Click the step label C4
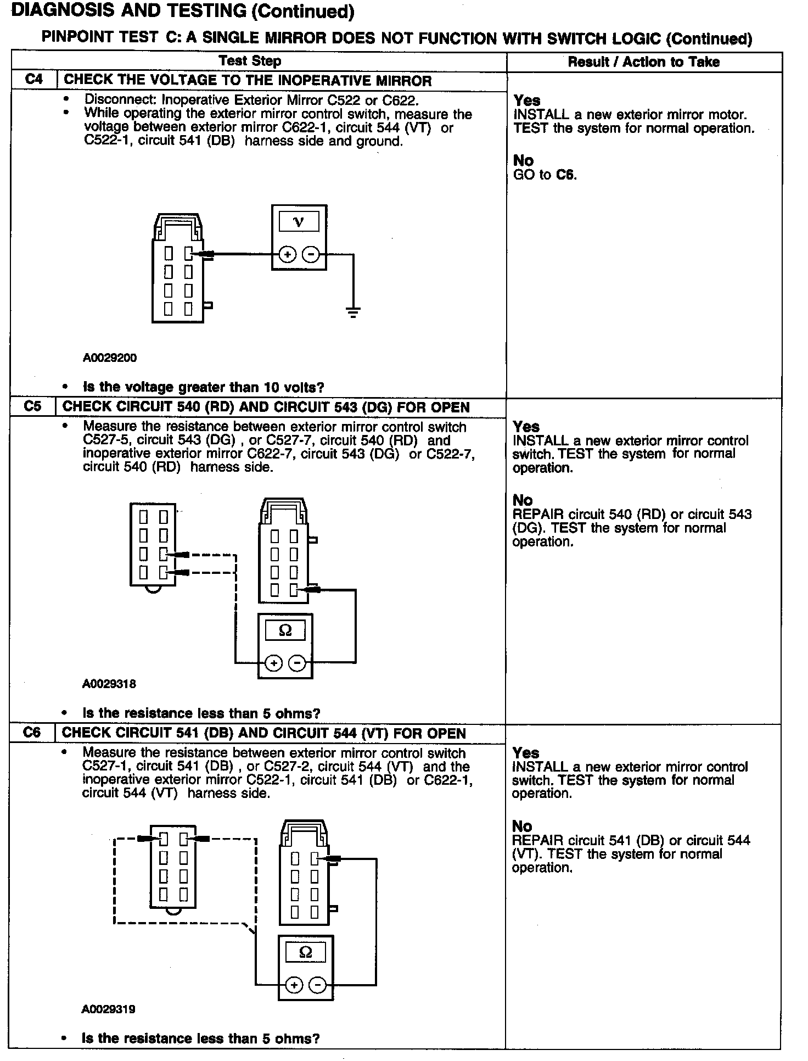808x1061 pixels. click(33, 80)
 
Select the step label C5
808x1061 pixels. click(33, 407)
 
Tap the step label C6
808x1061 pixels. click(32, 733)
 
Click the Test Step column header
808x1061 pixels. click(250, 61)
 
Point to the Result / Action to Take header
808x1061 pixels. click(643, 62)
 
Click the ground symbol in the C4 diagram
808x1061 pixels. click(353, 314)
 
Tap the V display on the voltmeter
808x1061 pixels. click(299, 222)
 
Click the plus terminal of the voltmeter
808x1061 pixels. click(288, 255)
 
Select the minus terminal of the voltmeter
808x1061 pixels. click(311, 255)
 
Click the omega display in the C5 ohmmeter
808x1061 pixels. click(285, 630)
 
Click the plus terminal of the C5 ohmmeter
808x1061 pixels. click(273, 663)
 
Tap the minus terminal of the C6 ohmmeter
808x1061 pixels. click(317, 985)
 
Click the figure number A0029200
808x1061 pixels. click(110, 358)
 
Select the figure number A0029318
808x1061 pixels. click(109, 684)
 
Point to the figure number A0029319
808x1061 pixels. click(109, 1009)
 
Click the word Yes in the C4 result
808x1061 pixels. click(527, 100)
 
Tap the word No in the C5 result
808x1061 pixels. click(523, 500)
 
